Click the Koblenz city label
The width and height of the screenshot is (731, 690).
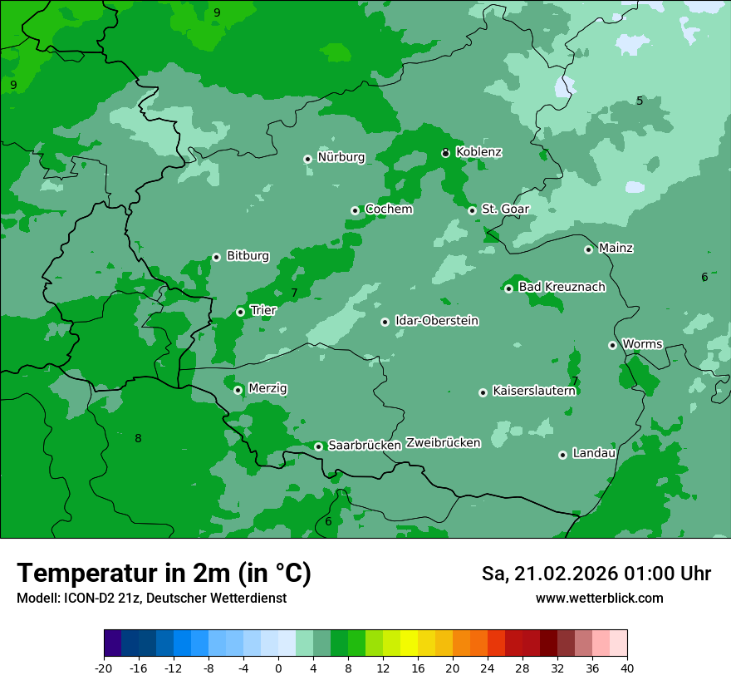[x=478, y=152]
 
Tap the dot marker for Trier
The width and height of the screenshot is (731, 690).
[x=241, y=312]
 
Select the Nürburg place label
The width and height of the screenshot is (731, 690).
[x=341, y=157]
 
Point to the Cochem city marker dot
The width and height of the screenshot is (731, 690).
[x=355, y=210]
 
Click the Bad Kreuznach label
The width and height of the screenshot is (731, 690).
[x=562, y=287]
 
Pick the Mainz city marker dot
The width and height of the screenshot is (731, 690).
[x=588, y=249]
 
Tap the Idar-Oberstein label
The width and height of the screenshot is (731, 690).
[x=436, y=321]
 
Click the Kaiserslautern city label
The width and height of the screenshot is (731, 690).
[x=533, y=391]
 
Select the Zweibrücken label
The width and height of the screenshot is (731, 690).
[x=443, y=443]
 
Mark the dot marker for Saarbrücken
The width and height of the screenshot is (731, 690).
[x=318, y=446]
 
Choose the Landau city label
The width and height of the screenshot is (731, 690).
[x=594, y=453]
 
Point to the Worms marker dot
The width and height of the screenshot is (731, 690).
[x=612, y=345]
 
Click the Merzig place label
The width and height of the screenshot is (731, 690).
[x=267, y=388]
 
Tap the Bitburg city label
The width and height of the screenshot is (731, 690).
[x=248, y=256]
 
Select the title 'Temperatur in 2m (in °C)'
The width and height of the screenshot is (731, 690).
[x=164, y=573]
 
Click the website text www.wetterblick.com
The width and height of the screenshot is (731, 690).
[x=599, y=599]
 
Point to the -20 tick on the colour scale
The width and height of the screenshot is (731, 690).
[x=104, y=668]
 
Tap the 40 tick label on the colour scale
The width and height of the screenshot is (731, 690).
[x=626, y=668]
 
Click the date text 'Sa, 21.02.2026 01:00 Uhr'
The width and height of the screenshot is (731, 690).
[x=596, y=574]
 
